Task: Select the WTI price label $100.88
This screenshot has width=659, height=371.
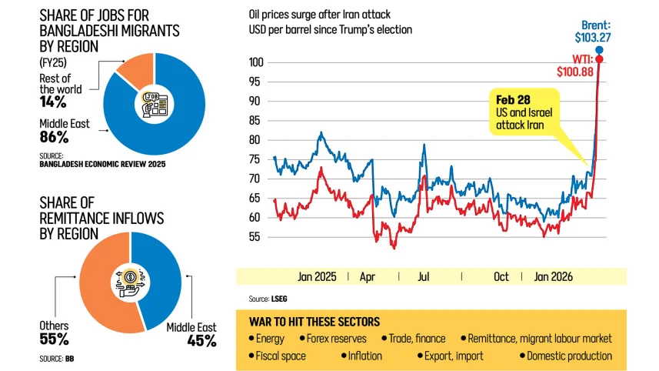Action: point(576,71)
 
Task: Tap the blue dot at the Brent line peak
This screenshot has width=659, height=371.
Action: point(599,50)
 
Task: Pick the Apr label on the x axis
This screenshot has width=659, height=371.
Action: point(368,276)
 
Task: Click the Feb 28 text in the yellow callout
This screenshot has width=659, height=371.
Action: point(512,101)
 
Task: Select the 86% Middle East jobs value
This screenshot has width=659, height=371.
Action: point(54,138)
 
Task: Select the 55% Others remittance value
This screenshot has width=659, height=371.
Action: point(54,339)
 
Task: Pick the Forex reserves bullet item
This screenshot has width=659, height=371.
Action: point(335,338)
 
